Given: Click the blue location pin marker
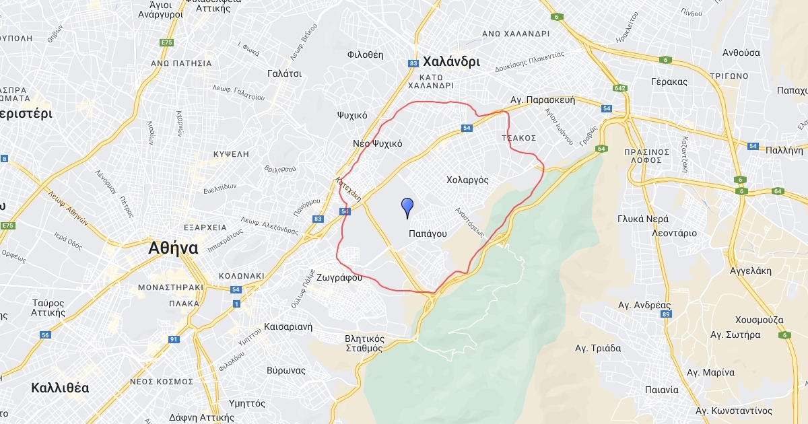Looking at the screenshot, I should tap(407, 207).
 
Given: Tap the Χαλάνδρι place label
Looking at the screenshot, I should tap(451, 61).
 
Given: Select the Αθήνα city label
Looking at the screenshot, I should tap(173, 248).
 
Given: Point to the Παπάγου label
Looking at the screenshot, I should tap(428, 233).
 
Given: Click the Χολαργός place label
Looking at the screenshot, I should tap(467, 180).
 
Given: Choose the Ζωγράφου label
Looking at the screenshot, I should tap(340, 277).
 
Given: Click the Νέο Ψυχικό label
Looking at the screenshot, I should tap(377, 143).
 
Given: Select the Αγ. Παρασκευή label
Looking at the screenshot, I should tap(543, 99).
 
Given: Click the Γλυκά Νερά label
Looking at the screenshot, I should tap(643, 219).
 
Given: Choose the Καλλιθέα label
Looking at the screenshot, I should tap(60, 388).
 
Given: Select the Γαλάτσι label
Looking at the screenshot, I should tap(284, 73).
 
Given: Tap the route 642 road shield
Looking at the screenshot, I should tap(620, 88).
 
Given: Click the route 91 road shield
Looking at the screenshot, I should tap(174, 339).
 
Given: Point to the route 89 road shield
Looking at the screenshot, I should tap(666, 314).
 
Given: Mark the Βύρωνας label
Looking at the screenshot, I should tap(286, 370).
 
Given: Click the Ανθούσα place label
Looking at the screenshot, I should tap(741, 52).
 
